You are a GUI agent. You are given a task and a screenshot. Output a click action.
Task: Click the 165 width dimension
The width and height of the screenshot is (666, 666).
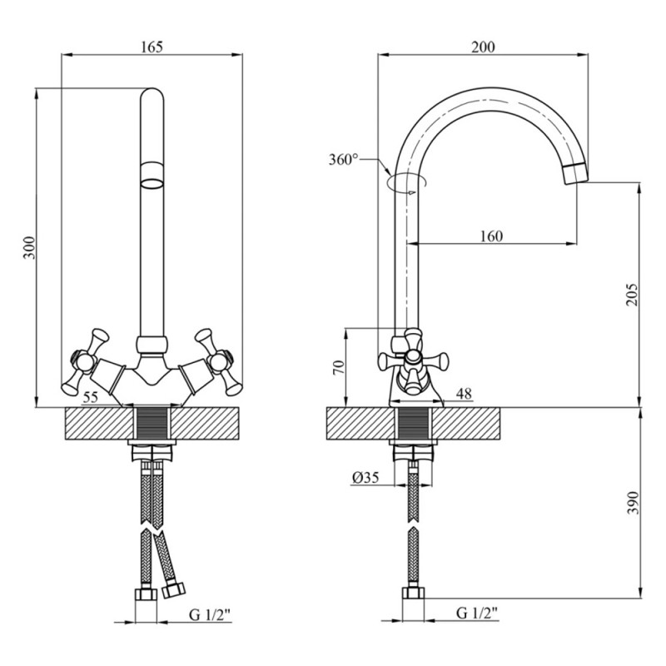tap(152, 47)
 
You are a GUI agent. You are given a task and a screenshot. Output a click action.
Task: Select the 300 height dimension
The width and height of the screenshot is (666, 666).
tap(30, 248)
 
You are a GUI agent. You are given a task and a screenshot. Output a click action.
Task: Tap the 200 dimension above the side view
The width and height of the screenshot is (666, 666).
tap(482, 47)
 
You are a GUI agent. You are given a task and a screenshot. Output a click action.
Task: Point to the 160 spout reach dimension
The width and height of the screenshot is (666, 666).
tap(491, 236)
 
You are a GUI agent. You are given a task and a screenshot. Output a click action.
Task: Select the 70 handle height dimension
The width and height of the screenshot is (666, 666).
tap(335, 369)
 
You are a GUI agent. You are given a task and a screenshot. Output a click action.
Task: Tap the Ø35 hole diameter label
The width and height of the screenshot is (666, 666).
tap(365, 477)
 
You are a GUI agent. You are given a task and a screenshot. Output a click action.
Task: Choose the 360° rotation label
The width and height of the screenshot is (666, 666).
tap(343, 159)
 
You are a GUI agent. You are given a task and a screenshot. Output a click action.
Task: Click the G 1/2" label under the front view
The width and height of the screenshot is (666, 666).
tap(209, 615)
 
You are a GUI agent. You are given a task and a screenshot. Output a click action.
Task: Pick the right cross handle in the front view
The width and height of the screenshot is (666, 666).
tap(215, 360)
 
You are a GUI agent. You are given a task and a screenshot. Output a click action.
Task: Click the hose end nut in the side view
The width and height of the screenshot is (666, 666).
tap(414, 595)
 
